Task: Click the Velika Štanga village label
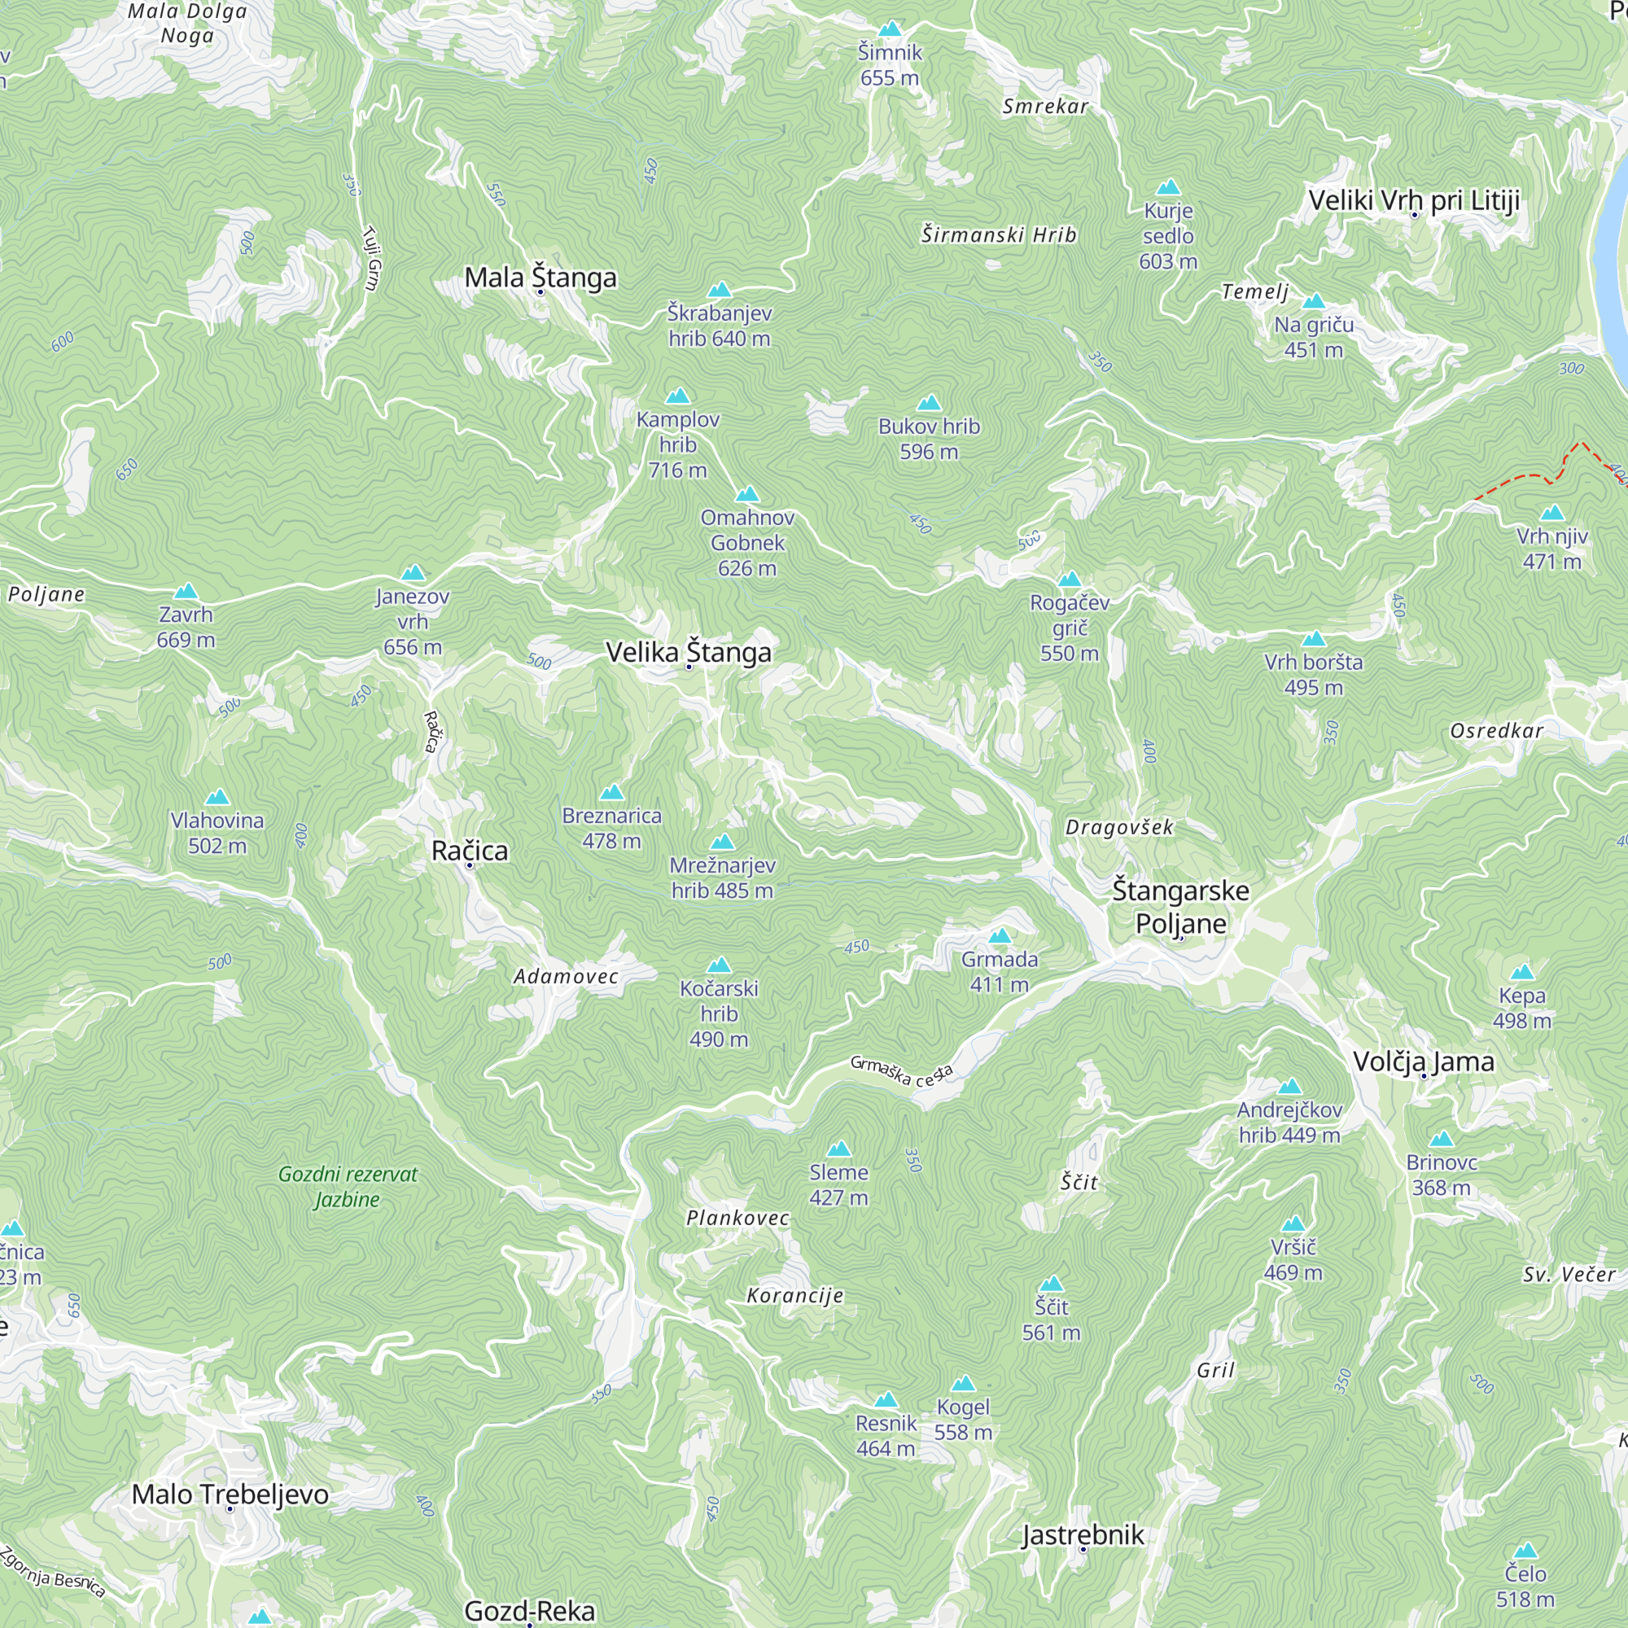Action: pos(689,652)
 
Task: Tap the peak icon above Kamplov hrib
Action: pos(677,396)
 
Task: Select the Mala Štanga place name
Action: pos(540,278)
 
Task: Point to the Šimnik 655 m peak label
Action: pos(890,65)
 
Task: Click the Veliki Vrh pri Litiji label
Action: pos(1414,200)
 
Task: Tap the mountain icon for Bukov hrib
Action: pos(929,403)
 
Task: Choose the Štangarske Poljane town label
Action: pos(1180,907)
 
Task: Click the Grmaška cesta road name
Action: pos(901,1072)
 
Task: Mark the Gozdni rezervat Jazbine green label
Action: pos(348,1187)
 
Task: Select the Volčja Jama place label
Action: pos(1423,1061)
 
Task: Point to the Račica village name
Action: pos(470,851)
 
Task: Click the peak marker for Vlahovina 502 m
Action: pos(217,797)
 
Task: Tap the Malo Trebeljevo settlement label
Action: pos(230,1494)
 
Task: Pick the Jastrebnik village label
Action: pos(1083,1535)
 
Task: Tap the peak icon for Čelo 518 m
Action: pos(1525,1551)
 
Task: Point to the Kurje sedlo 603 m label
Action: pos(1168,236)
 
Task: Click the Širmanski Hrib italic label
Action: pos(999,235)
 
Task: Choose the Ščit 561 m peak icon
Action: pos(1051,1284)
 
